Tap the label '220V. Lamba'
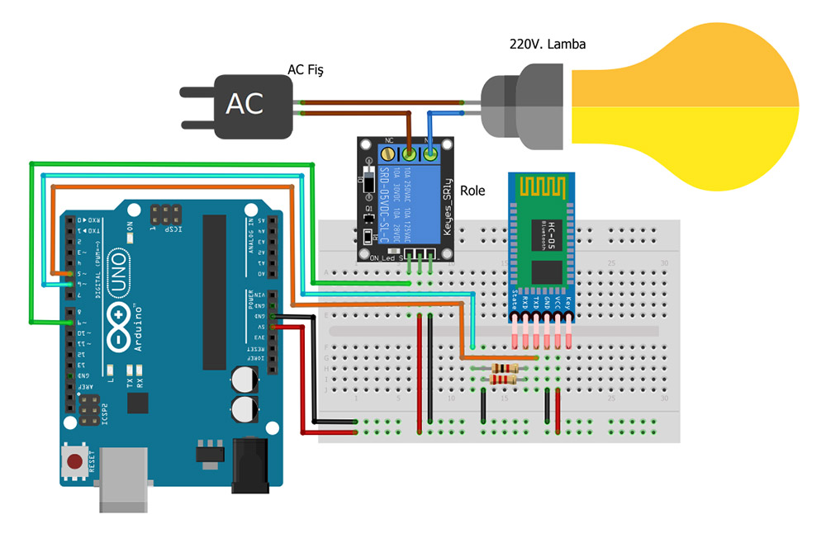click(547, 44)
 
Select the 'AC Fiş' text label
click(305, 70)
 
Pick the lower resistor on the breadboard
click(503, 379)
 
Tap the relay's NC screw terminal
click(410, 153)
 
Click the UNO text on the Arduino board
click(118, 282)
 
